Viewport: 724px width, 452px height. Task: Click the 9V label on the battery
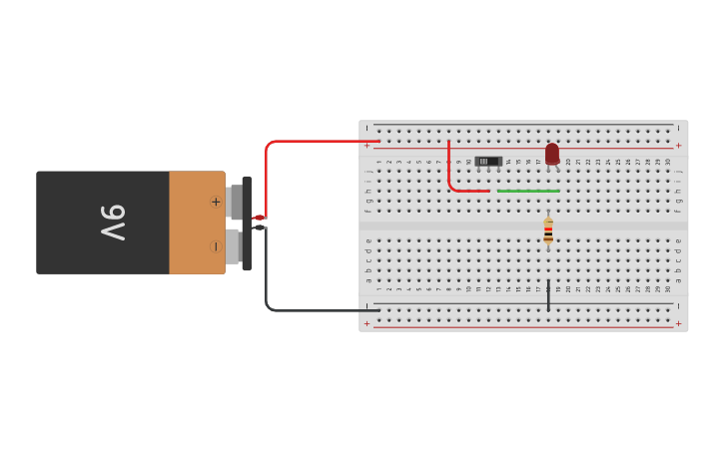coord(113,223)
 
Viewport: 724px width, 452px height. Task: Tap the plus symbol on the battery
coord(215,202)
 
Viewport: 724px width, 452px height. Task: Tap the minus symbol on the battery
coord(215,245)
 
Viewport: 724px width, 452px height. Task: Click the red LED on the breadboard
coord(552,154)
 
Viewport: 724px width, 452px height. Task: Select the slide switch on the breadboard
coord(488,161)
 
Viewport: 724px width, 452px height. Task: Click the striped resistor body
coord(548,231)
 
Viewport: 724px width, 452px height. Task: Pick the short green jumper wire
coord(527,191)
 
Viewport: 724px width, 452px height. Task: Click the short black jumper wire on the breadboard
coord(548,295)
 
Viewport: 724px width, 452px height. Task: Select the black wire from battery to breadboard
coord(300,310)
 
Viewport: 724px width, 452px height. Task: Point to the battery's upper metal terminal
coord(235,202)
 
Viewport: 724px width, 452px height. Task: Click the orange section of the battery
coord(196,223)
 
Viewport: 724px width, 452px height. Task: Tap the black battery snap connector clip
coord(247,223)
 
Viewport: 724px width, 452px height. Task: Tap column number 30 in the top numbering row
coord(668,162)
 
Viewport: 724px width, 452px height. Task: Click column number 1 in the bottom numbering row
coord(378,288)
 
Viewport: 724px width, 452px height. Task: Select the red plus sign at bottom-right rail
coord(678,323)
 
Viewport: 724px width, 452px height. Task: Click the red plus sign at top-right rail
coord(678,146)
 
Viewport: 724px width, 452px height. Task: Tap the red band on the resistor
coord(548,238)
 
